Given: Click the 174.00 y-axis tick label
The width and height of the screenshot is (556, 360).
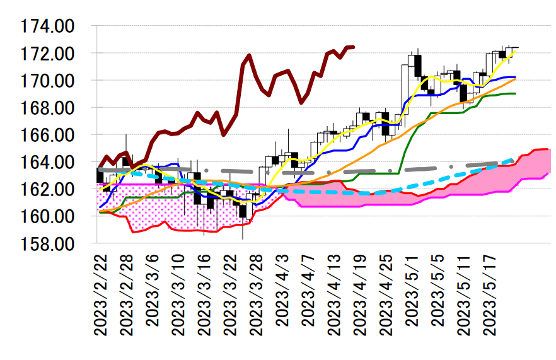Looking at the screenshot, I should [x=47, y=27].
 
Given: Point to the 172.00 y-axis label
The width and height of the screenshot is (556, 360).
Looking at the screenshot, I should [x=47, y=54].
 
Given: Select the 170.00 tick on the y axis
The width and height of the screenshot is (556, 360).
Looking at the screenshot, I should [x=47, y=81].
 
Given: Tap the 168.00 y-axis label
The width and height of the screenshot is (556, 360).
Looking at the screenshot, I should [x=47, y=108].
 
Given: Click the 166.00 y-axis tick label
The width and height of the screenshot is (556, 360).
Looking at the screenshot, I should [x=47, y=136].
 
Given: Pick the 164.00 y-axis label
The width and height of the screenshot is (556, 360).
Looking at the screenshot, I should [x=47, y=163].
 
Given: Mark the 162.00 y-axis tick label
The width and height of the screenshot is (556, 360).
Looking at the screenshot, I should [x=47, y=189].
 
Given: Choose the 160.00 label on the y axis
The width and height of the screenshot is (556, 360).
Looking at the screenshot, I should [x=47, y=216].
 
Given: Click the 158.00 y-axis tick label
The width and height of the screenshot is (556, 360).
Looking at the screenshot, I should [x=47, y=243].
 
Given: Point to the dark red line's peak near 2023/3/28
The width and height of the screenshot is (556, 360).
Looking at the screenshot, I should [x=250, y=55].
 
